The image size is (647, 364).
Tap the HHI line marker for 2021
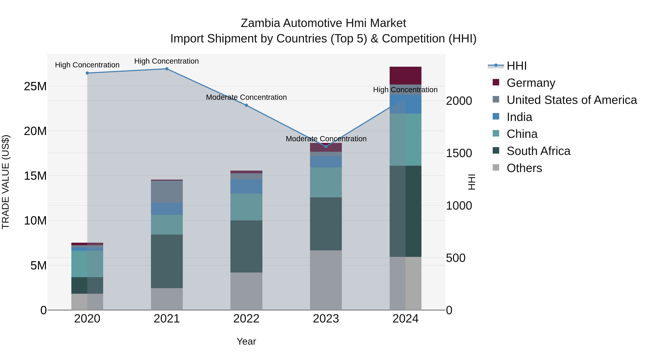167,69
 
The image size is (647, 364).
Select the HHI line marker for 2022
246,105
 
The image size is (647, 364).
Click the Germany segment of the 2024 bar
405,76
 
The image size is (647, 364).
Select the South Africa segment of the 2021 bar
167,261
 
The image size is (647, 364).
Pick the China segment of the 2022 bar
246,207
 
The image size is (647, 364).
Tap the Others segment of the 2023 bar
326,280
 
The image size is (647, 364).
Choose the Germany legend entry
531,83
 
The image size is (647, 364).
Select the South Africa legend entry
538,151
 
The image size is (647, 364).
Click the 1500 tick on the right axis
459,153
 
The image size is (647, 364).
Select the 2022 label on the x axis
246,319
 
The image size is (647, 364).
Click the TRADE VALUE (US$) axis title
6,182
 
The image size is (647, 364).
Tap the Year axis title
246,341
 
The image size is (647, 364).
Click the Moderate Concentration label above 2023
326,139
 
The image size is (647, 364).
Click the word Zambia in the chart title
260,23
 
